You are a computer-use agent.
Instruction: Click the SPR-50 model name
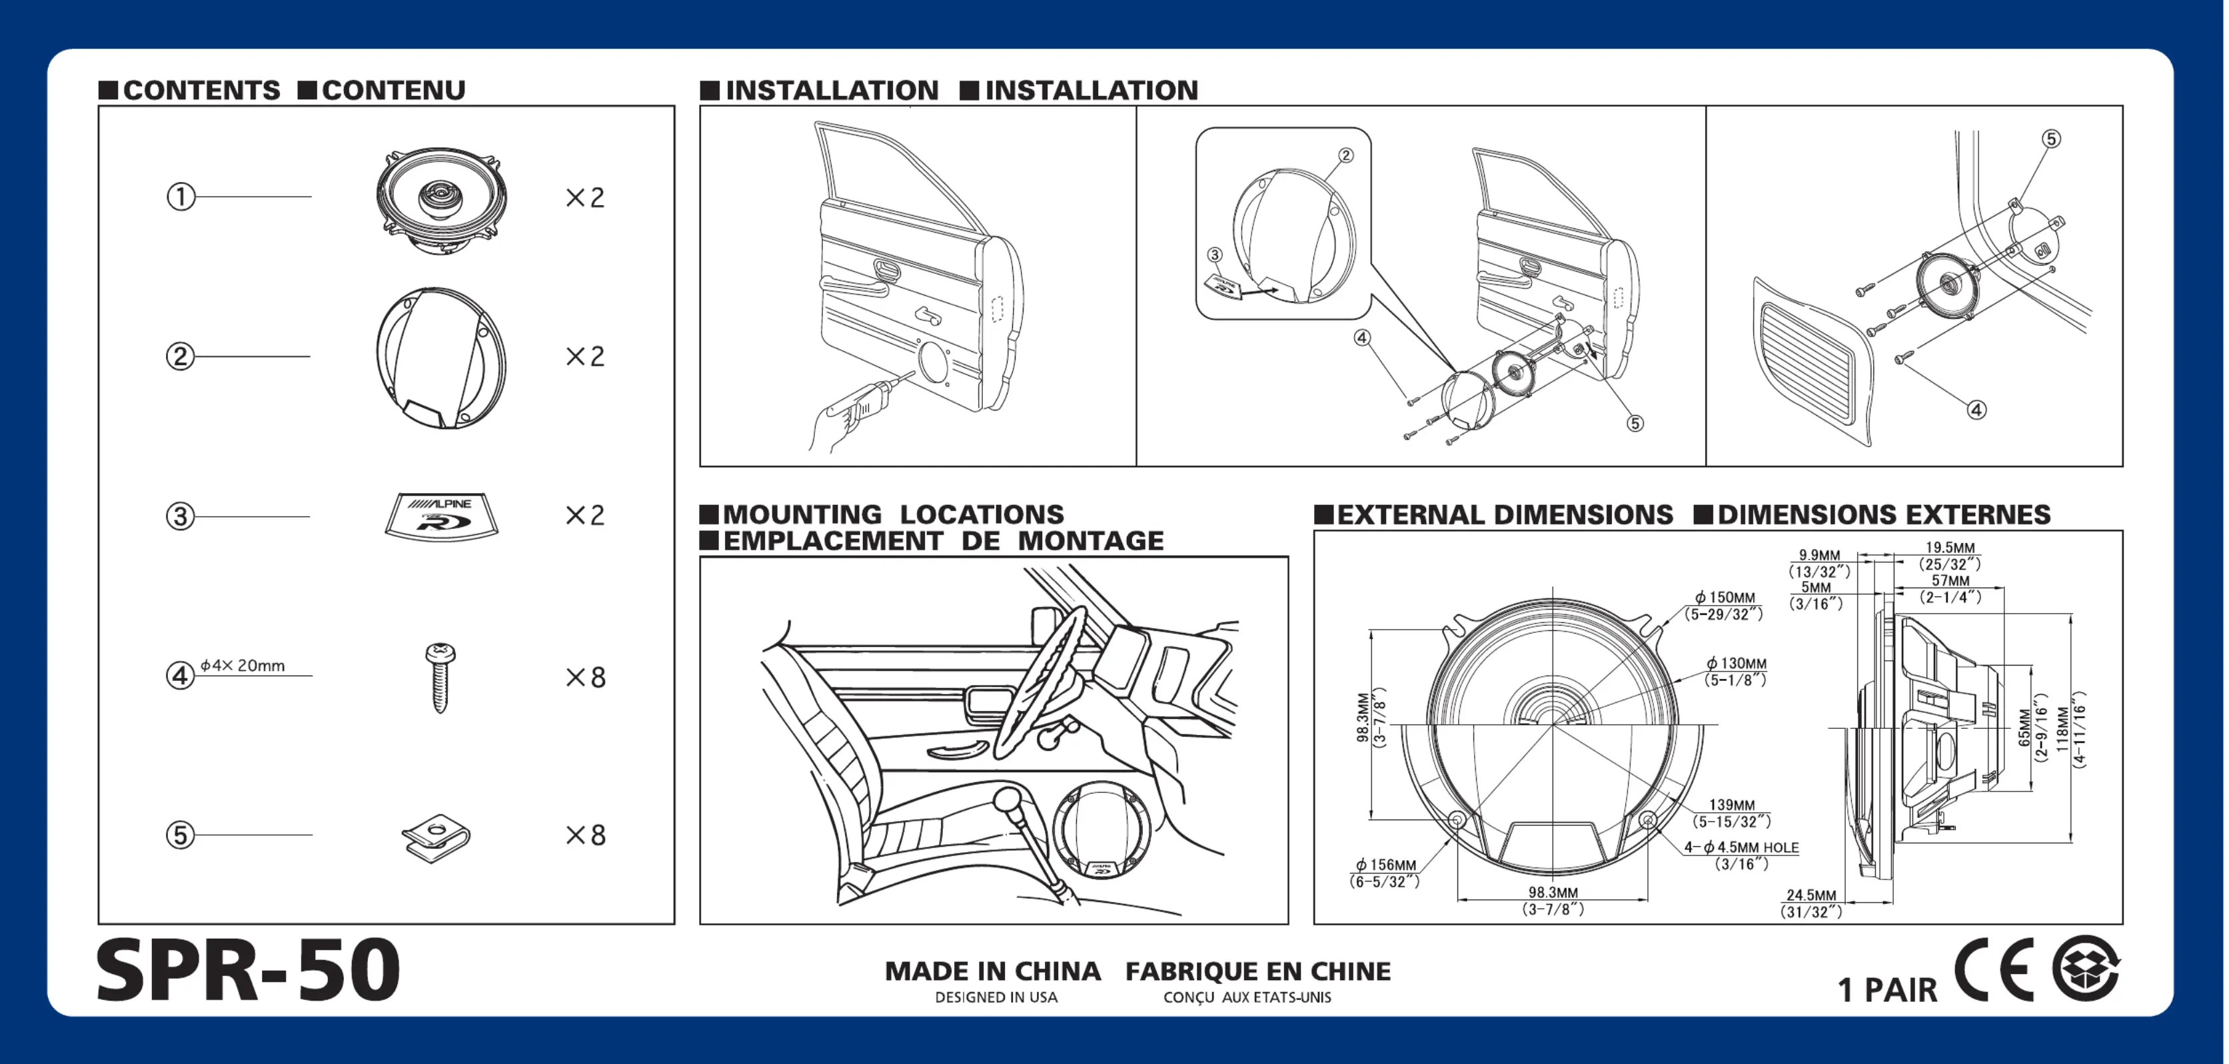point(249,971)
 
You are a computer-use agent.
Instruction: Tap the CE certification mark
point(1994,969)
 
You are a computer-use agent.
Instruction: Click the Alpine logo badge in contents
point(441,516)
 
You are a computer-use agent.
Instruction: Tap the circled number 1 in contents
point(180,197)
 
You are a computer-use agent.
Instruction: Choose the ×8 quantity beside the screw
point(586,678)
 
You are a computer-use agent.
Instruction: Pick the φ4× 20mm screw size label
point(243,665)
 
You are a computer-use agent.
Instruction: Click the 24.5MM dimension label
point(1811,895)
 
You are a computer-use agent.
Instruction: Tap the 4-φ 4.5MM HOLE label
point(1741,847)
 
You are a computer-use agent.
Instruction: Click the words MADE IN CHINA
point(992,971)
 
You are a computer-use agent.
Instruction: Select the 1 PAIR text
point(1887,989)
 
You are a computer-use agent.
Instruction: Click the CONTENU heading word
point(393,90)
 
